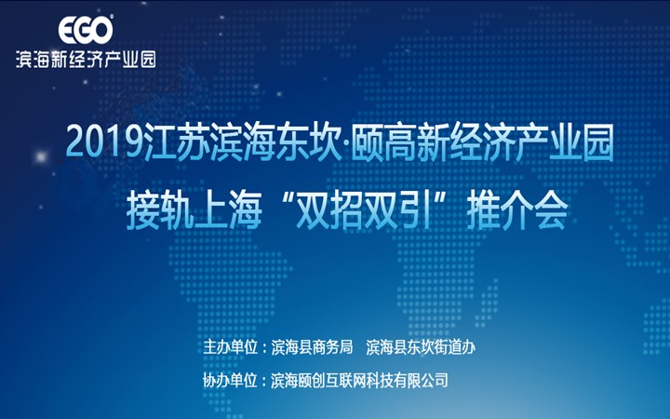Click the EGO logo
(x=86, y=30)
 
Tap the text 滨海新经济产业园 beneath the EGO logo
(x=86, y=59)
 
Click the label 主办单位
(x=231, y=347)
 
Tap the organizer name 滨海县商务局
(x=312, y=347)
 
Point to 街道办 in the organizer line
(x=455, y=347)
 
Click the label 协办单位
(x=231, y=380)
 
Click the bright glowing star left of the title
(x=41, y=157)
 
